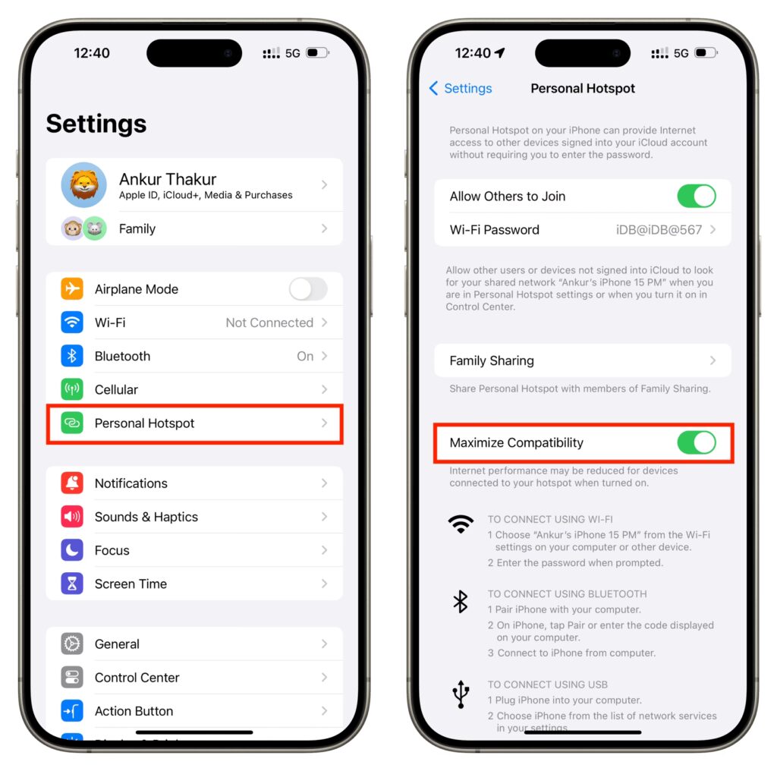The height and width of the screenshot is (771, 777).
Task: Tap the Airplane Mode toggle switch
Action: click(308, 289)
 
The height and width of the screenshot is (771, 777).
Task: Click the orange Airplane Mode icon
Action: click(72, 288)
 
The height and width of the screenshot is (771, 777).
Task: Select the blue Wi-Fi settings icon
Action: click(72, 322)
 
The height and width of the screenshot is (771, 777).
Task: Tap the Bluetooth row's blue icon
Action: click(72, 356)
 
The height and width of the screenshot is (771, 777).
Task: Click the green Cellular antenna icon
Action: click(72, 389)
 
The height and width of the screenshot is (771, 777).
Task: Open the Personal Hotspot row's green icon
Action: click(72, 423)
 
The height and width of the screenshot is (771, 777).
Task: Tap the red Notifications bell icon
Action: click(72, 483)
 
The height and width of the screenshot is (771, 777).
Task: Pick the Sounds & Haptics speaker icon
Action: click(72, 517)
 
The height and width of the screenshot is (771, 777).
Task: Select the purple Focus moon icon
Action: click(72, 550)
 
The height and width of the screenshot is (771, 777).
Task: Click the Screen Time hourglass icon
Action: click(72, 584)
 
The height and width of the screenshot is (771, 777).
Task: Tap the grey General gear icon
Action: click(72, 644)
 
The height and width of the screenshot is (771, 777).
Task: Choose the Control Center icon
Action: click(72, 678)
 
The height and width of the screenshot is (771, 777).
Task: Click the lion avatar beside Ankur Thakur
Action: click(83, 185)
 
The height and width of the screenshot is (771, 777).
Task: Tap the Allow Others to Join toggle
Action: click(697, 197)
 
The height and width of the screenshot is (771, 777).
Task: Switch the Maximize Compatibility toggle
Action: click(697, 442)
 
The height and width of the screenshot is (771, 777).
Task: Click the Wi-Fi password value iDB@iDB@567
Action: click(659, 230)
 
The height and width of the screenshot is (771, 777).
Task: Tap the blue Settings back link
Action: click(461, 88)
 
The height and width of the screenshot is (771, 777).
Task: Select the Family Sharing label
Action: click(492, 360)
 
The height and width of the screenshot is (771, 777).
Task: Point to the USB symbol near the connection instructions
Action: click(461, 694)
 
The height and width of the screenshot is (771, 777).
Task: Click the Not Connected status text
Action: click(269, 323)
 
